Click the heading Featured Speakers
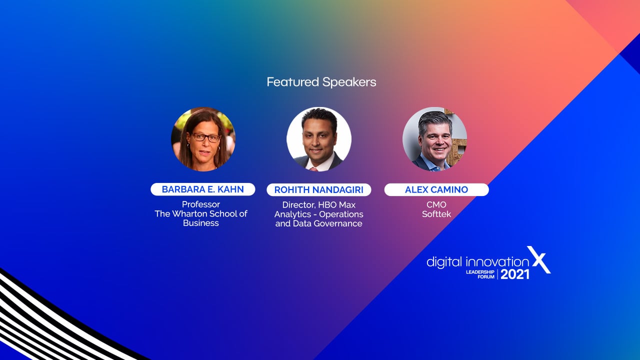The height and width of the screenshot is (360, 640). [321, 82]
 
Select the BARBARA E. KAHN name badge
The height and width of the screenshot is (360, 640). [203, 189]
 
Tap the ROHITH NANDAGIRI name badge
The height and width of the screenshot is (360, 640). [319, 189]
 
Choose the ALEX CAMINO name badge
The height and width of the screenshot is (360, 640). [436, 189]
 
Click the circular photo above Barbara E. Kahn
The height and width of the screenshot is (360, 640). [203, 139]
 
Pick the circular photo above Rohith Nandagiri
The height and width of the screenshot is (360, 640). [319, 139]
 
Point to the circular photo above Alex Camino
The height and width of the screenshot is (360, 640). [435, 139]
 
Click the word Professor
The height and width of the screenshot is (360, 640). [201, 204]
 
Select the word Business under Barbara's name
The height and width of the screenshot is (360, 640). [201, 223]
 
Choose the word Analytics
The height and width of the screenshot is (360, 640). [292, 214]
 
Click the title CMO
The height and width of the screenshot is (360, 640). [436, 204]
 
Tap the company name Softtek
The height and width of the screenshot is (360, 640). [436, 214]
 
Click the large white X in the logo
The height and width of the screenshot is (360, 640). [539, 259]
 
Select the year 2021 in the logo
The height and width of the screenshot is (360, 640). [515, 274]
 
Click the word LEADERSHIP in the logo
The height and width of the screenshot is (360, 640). [480, 271]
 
